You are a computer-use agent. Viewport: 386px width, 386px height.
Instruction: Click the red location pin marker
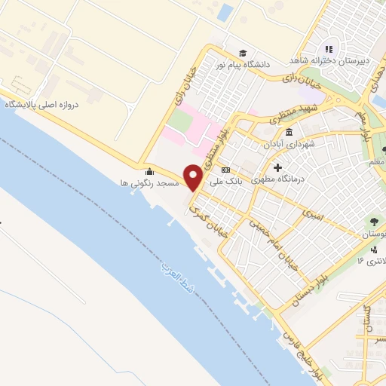coord(194,176)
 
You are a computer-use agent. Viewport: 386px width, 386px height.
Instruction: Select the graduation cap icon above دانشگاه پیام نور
coord(243,53)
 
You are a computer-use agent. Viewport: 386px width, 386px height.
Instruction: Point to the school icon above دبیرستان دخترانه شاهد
coord(328,49)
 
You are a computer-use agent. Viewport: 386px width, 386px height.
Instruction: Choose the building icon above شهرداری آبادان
coord(289,133)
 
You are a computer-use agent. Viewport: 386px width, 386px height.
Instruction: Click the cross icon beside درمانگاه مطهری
coord(278,168)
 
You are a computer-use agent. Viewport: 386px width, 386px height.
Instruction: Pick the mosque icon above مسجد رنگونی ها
coord(149,171)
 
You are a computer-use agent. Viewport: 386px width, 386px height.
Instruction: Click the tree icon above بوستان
coord(375,222)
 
